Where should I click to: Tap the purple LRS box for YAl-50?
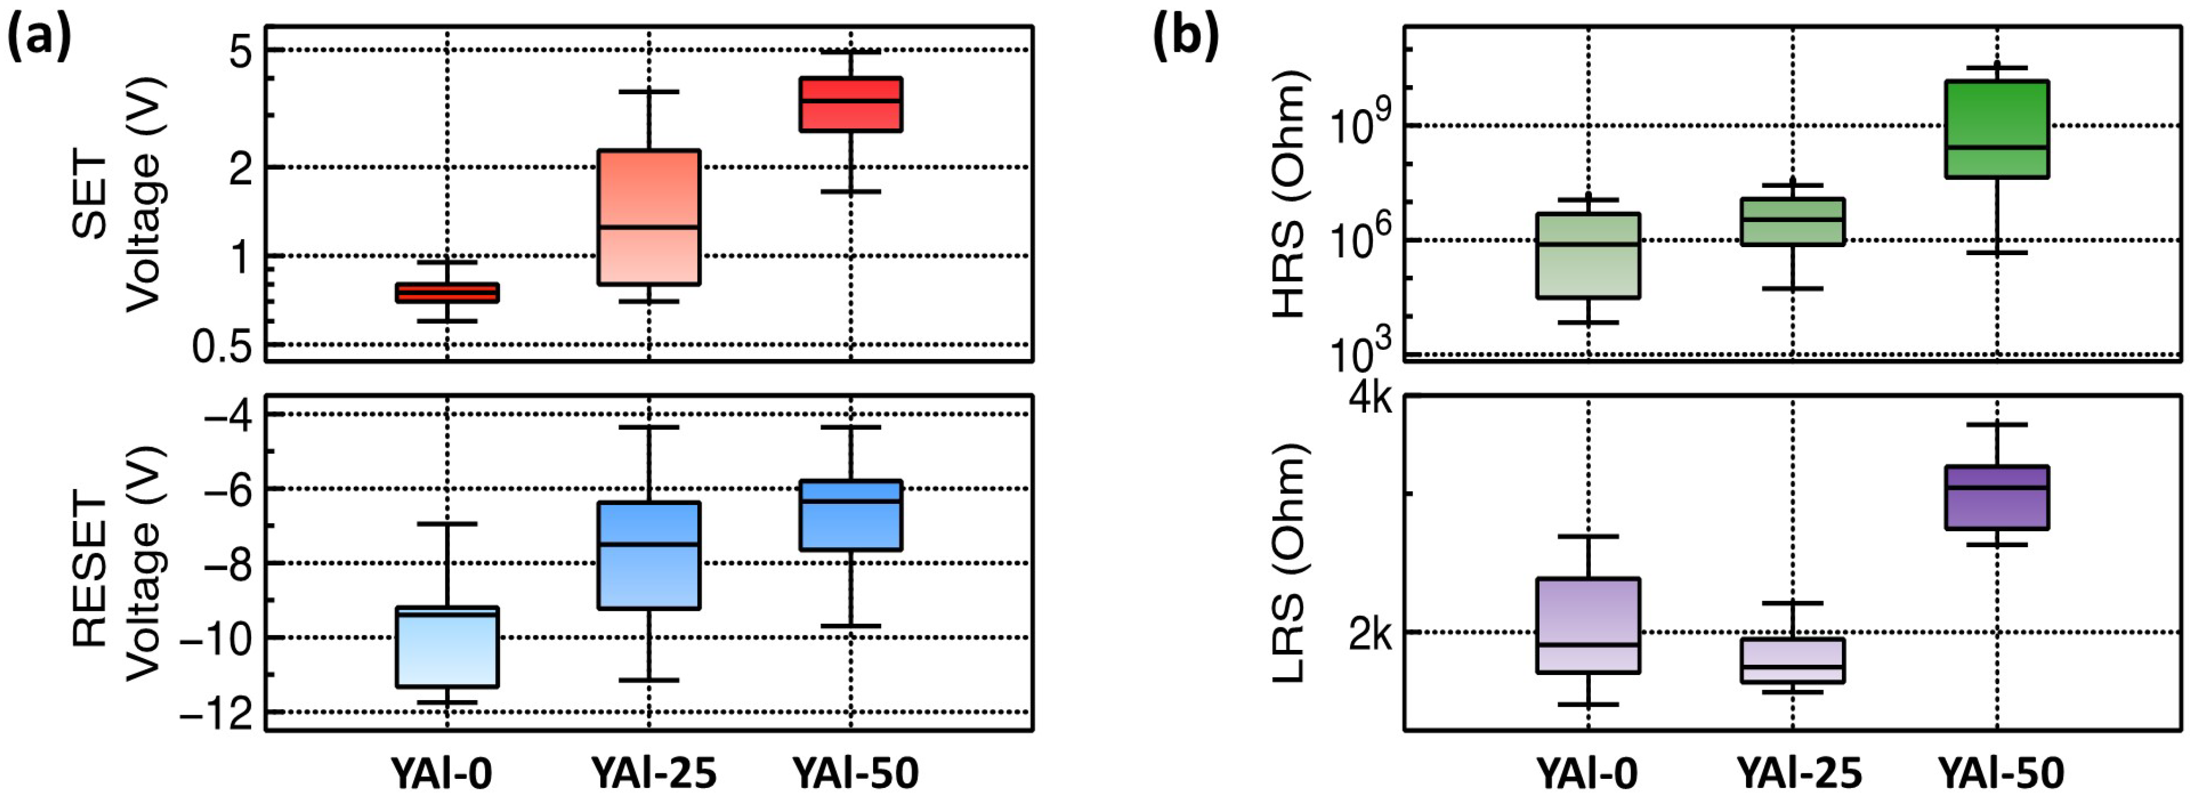point(1996,497)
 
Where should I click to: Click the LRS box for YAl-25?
point(1793,660)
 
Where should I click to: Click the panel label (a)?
point(39,39)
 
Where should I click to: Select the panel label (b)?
point(1185,39)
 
